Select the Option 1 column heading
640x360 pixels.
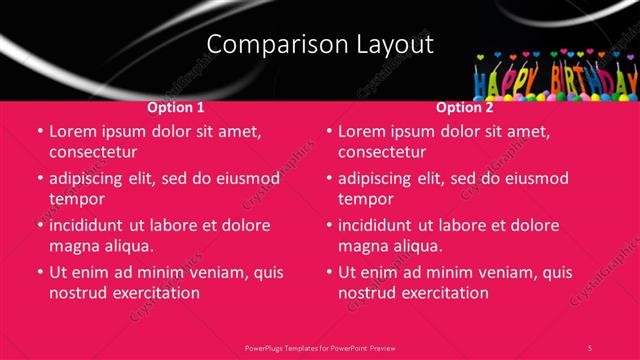click(x=176, y=107)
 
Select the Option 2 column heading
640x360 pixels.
click(x=465, y=107)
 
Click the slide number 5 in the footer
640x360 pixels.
click(x=590, y=347)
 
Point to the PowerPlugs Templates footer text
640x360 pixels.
click(x=320, y=347)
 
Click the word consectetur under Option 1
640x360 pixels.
click(x=93, y=152)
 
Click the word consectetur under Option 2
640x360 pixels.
click(x=382, y=152)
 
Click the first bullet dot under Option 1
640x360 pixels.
click(x=39, y=131)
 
